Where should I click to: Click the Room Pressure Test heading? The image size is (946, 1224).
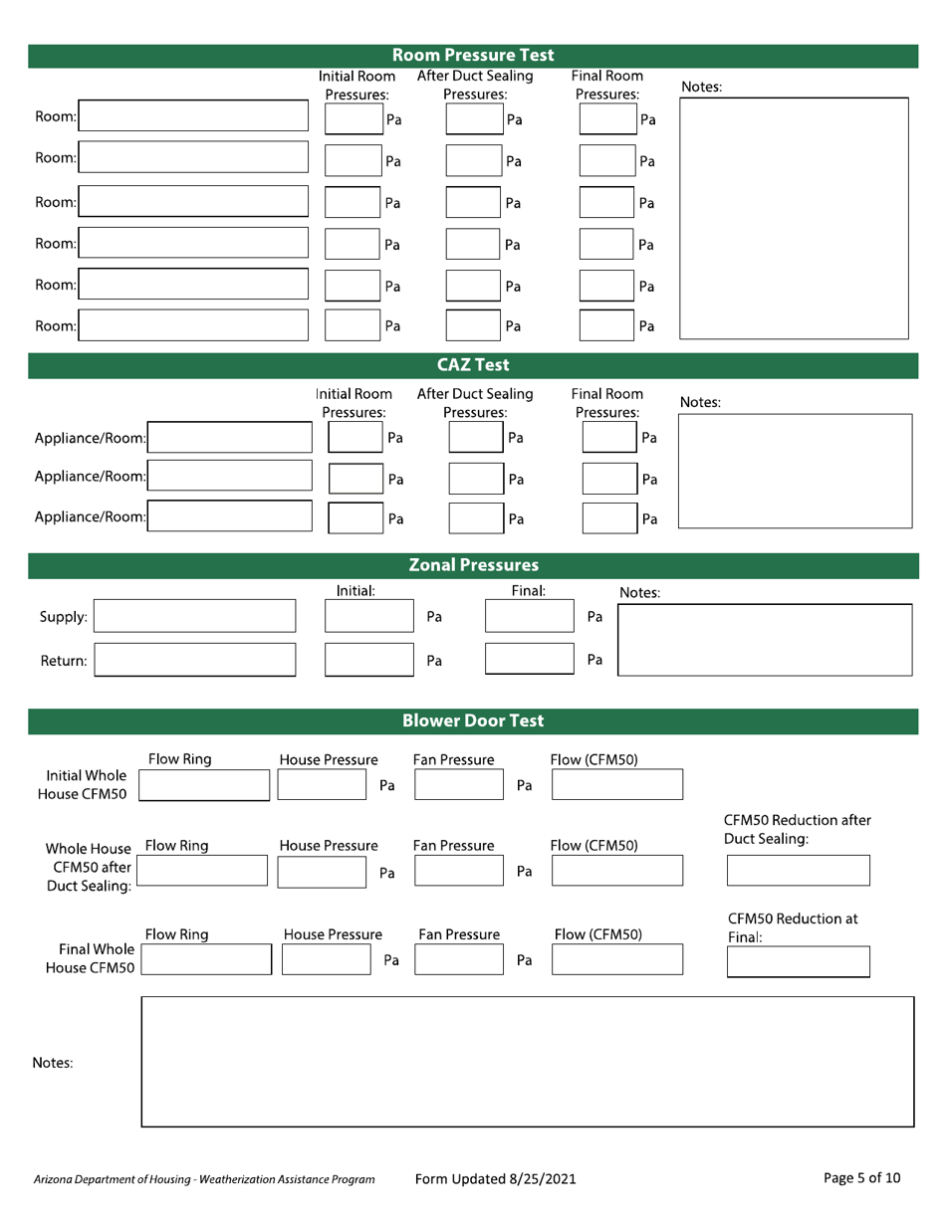point(473,55)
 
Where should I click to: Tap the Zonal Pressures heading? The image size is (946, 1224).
point(473,565)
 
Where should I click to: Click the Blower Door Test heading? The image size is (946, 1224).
point(473,719)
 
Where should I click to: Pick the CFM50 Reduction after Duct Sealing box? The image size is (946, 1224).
point(799,871)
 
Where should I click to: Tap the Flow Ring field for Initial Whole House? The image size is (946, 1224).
point(203,784)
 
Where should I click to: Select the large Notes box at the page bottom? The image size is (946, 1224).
point(528,1062)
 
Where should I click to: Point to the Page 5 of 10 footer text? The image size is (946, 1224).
point(863,1178)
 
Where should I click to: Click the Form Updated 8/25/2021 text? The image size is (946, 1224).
point(495,1179)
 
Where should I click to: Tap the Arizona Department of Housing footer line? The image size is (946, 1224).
point(203,1180)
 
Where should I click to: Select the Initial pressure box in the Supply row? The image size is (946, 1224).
point(361,616)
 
